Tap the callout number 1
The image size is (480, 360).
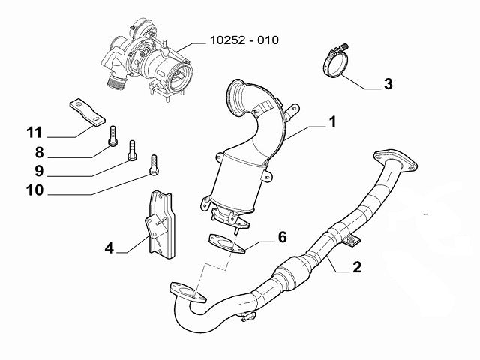[x=331, y=121]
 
